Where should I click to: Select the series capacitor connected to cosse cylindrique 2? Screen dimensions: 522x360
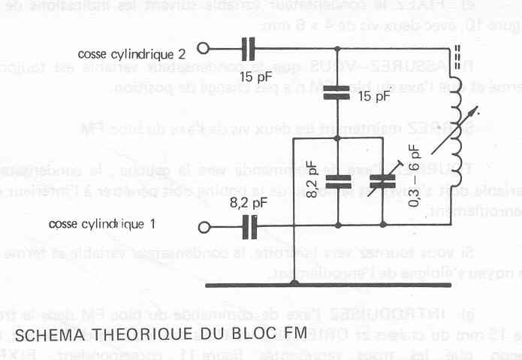249,50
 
